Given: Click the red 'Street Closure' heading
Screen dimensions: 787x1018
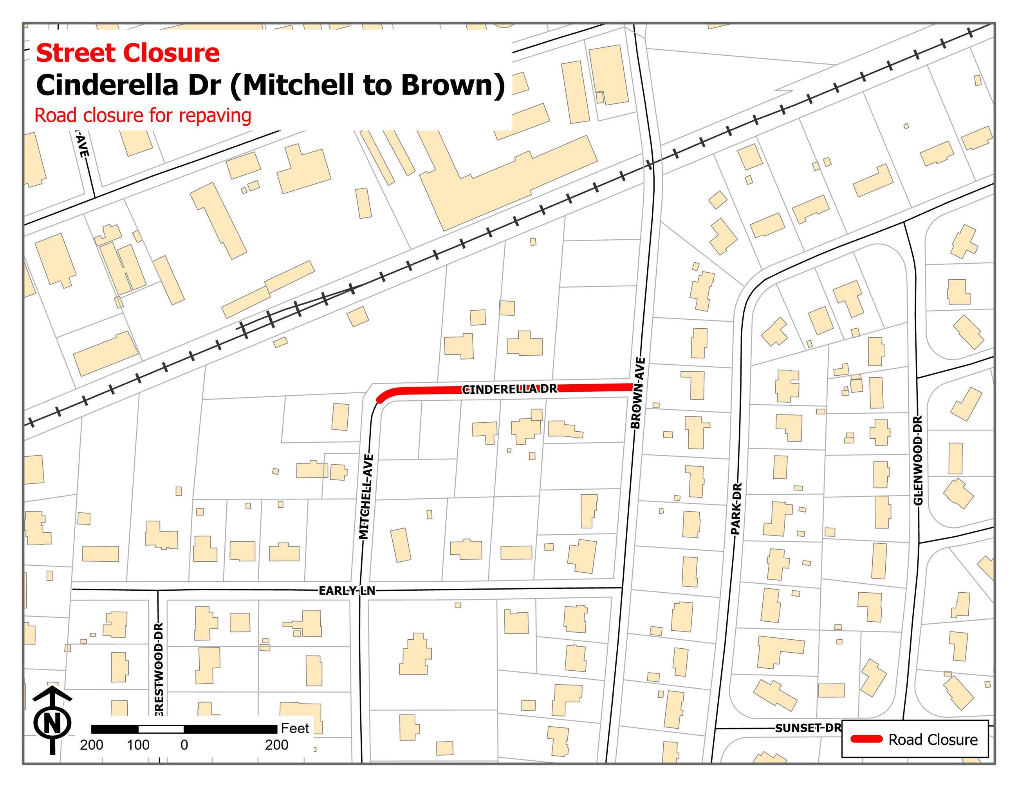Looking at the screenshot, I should coord(127,53).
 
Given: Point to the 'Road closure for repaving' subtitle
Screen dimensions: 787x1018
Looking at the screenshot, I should coord(143,116).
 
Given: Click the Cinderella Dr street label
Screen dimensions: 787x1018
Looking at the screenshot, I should coord(509,389).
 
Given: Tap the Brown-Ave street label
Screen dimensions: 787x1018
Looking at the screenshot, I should coord(638,393).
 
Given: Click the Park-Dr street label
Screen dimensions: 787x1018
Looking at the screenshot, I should coord(736,508).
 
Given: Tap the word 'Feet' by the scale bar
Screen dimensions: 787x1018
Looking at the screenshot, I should coord(294,728).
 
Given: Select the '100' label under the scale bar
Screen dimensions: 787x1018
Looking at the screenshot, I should coord(138,745).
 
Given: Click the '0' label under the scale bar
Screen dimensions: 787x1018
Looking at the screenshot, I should coord(184,745).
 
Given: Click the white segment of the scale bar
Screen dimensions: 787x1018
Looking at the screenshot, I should coord(161,729).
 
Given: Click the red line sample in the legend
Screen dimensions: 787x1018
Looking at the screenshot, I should coord(866,739).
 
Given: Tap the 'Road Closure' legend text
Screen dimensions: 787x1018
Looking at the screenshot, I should coord(933,740).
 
